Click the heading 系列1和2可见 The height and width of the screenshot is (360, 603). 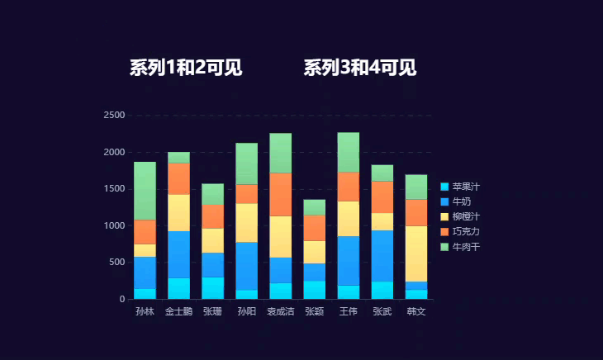tap(186, 69)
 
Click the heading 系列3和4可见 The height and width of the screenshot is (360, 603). tap(359, 69)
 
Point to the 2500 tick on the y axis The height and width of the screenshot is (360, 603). tap(114, 116)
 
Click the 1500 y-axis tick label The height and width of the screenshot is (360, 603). tap(114, 189)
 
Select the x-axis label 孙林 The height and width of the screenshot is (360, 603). tap(145, 312)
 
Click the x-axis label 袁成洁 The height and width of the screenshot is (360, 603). tap(280, 312)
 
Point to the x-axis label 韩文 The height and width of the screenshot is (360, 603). tap(415, 312)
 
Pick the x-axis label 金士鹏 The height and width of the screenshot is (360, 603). tap(178, 312)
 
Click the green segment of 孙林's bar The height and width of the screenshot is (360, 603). tap(145, 190)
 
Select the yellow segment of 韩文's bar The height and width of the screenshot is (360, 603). tap(415, 253)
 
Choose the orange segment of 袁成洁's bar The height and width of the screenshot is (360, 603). tap(280, 194)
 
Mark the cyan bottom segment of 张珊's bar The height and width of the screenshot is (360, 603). tap(212, 287)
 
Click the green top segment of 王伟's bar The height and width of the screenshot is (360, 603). tap(348, 152)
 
